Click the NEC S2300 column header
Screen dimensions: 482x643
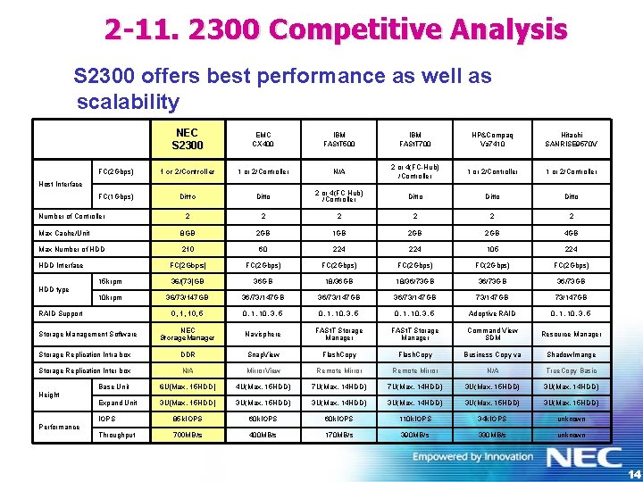[x=188, y=138]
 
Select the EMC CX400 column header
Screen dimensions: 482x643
[x=263, y=138]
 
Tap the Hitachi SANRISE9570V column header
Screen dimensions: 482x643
[x=570, y=138]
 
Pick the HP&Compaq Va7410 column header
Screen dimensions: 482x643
[x=492, y=138]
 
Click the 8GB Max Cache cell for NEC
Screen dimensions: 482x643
[x=188, y=233]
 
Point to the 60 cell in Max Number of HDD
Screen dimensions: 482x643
[x=263, y=249]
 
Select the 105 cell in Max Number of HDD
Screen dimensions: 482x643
[x=492, y=249]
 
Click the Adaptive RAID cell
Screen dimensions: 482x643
[x=492, y=313]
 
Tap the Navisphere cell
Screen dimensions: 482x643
[x=263, y=334]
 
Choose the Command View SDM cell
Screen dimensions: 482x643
[x=492, y=334]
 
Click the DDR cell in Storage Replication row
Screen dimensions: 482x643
[x=188, y=353]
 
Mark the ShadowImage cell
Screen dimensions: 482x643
[x=570, y=353]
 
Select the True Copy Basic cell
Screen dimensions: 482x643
[x=570, y=370]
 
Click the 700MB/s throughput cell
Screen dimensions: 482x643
[x=188, y=435]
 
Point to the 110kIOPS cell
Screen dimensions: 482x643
[x=415, y=418]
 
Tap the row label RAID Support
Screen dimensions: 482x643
[x=61, y=313]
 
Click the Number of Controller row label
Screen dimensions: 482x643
[x=71, y=216]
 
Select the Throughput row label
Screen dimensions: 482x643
[x=117, y=435]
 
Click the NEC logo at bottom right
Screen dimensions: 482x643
[x=584, y=458]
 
